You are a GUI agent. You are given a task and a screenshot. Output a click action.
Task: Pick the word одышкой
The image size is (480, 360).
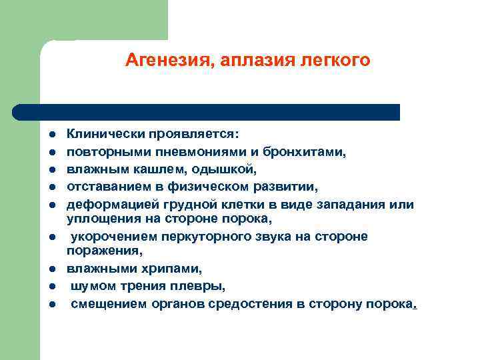pyautogui.click(x=213, y=169)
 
